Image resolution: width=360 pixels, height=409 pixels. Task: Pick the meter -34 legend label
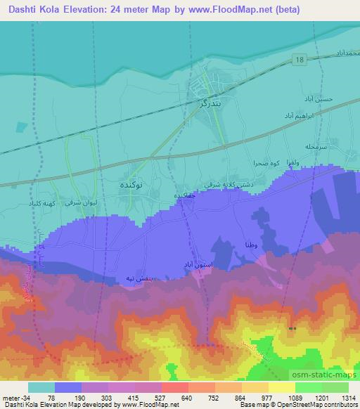15,396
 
